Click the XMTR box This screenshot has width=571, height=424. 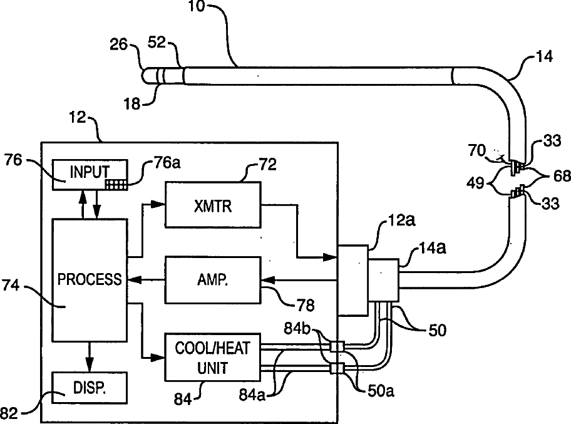213,205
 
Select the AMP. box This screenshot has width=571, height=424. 213,279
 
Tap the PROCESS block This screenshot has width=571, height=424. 90,280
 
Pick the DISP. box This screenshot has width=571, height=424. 90,388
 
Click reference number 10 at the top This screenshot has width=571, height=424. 197,8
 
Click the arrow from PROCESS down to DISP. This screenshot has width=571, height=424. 90,358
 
